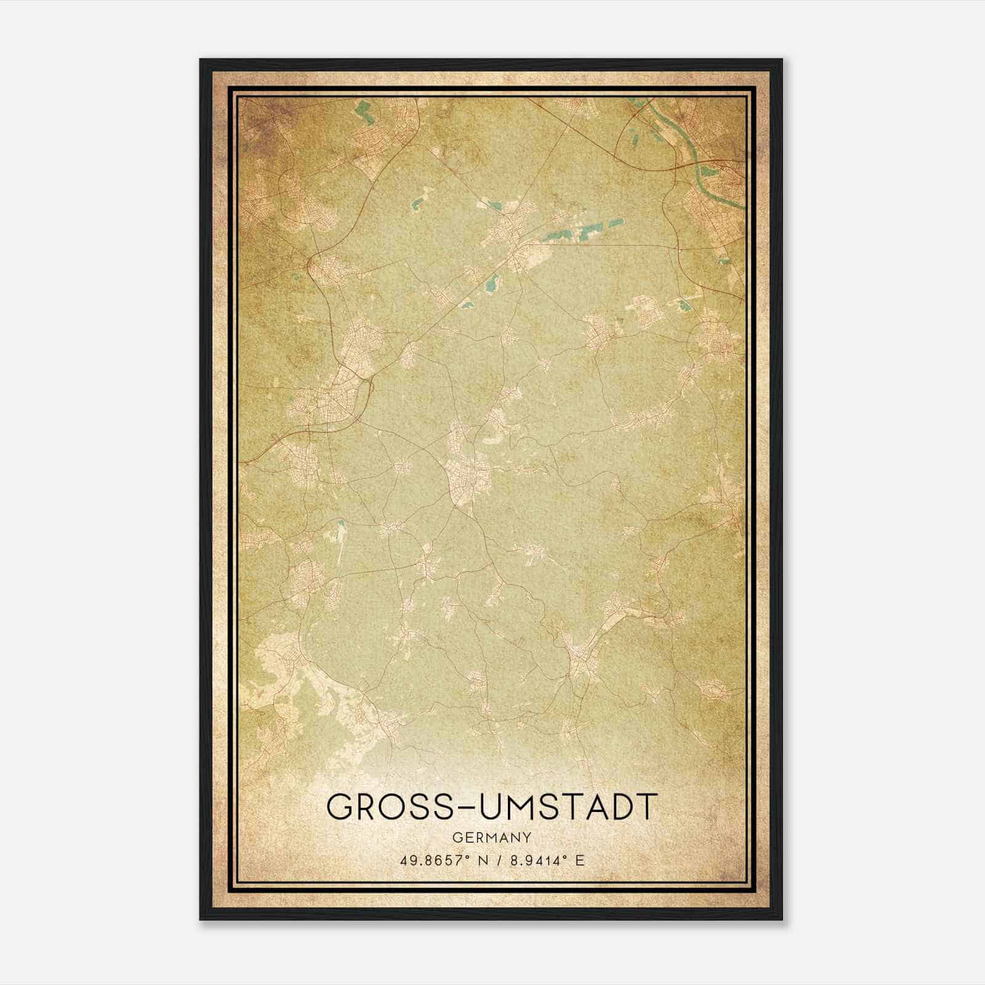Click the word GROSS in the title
pos(388,806)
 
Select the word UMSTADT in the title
pos(566,806)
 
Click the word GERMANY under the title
pos(492,837)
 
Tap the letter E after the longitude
pos(579,861)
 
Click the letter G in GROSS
pos(340,806)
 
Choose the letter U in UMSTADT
pos(491,806)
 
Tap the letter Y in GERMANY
pos(527,837)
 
